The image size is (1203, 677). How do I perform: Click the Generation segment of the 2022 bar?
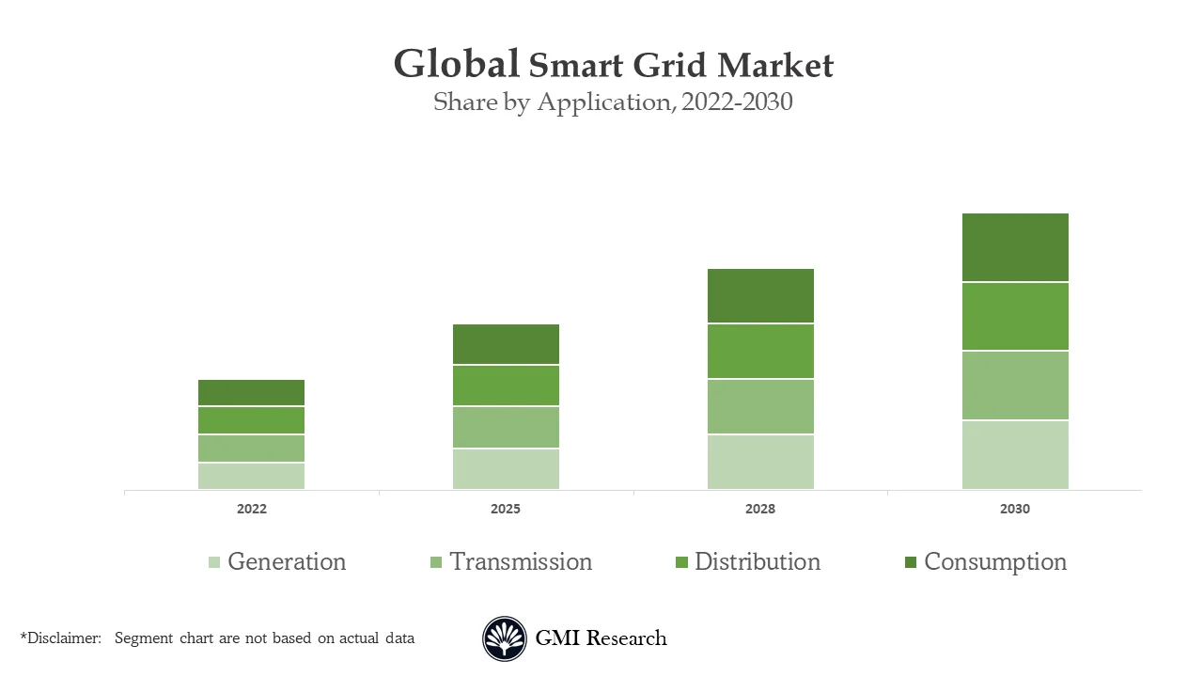tap(251, 476)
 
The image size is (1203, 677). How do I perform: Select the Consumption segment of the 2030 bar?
tap(1015, 247)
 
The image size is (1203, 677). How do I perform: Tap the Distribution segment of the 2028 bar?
tap(760, 352)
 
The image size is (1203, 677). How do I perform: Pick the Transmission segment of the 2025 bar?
tap(506, 428)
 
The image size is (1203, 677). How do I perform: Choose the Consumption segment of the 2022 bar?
tap(251, 393)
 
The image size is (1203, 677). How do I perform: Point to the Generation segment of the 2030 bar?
tap(1015, 455)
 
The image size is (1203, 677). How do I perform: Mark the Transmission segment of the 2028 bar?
tap(760, 407)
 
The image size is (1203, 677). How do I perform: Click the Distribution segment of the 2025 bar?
tap(506, 386)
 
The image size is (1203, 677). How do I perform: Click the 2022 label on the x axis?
tap(251, 509)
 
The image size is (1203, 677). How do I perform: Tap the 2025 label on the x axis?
tap(506, 509)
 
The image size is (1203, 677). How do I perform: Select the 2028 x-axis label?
tap(760, 509)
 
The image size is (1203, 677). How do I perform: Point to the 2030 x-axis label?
tap(1015, 509)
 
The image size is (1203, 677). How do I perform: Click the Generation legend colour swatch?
tap(214, 562)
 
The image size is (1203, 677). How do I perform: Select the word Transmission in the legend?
tap(521, 562)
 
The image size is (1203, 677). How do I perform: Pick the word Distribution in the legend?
tap(758, 562)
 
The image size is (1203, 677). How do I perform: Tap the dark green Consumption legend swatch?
tap(910, 562)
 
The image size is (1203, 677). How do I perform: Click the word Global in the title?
tap(456, 65)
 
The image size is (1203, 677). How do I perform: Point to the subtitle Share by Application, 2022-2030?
tap(613, 102)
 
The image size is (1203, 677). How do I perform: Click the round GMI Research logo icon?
tap(505, 638)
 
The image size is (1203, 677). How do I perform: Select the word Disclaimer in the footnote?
tap(63, 638)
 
